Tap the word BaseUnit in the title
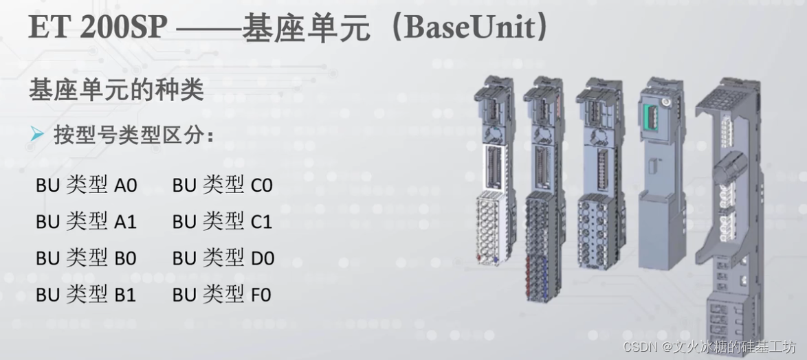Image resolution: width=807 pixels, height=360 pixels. click(x=474, y=27)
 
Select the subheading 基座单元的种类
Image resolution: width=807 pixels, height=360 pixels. click(x=116, y=90)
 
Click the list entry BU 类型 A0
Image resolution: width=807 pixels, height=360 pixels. click(x=87, y=185)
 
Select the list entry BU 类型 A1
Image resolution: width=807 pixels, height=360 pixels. click(x=87, y=221)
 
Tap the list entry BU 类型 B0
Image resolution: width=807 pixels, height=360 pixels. click(x=87, y=258)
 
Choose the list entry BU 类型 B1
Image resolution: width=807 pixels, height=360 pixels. click(x=87, y=295)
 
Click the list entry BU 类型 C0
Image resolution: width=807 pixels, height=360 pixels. click(x=223, y=185)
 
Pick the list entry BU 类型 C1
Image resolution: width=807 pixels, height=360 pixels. click(x=223, y=221)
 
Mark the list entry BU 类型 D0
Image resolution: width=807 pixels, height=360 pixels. click(x=223, y=258)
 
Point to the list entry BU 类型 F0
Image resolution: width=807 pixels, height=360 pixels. click(x=222, y=295)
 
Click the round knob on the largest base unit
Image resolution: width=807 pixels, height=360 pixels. click(x=731, y=166)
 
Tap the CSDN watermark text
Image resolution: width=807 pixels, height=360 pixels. click(x=709, y=346)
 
